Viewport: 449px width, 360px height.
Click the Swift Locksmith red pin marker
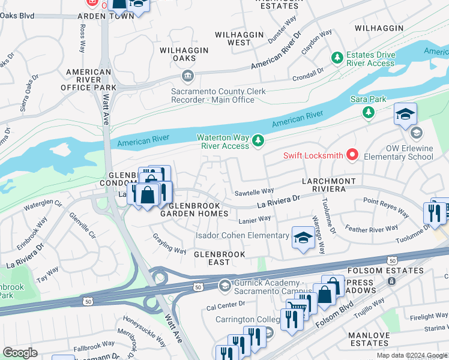pyautogui.click(x=352, y=155)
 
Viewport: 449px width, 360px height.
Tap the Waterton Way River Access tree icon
pyautogui.click(x=259, y=141)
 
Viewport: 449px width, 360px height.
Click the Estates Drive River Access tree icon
pyautogui.click(x=337, y=58)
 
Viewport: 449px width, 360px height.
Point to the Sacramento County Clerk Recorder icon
pyautogui.click(x=188, y=76)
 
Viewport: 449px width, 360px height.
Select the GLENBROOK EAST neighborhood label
pyautogui.click(x=220, y=259)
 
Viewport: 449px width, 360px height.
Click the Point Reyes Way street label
pyautogui.click(x=386, y=208)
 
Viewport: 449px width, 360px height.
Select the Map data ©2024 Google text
pyautogui.click(x=412, y=355)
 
